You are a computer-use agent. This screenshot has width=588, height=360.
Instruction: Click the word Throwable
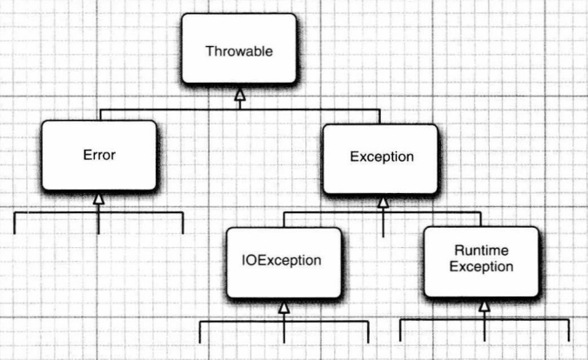pos(239,51)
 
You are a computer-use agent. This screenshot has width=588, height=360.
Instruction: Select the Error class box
pos(99,156)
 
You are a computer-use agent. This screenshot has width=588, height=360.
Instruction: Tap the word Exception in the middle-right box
pos(382,157)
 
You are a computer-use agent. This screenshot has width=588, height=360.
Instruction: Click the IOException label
pos(281,260)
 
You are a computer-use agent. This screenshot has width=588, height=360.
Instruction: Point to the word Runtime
pos(482,250)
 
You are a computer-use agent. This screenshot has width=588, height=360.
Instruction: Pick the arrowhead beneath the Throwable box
pos(240,94)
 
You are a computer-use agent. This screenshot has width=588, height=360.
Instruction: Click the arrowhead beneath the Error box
pos(98,198)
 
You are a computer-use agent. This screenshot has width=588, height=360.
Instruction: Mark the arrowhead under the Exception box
pos(383,202)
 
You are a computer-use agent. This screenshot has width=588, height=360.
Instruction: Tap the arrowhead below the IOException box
pos(284,308)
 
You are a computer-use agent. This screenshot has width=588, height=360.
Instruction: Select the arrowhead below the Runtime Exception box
pos(484,306)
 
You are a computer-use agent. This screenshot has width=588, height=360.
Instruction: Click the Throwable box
pos(239,49)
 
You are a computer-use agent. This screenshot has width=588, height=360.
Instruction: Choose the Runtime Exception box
pos(481,262)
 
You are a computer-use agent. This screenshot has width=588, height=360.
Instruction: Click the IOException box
pos(284,263)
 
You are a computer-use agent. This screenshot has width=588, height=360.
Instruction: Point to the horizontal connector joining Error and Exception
pos(240,110)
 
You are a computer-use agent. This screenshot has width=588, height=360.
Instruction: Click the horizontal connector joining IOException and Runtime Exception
pos(382,213)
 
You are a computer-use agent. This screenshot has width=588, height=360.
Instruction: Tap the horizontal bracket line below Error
pos(98,213)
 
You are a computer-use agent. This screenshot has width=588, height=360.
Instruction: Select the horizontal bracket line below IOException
pos(284,322)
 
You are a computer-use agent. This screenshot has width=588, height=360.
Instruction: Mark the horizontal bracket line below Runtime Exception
pos(484,320)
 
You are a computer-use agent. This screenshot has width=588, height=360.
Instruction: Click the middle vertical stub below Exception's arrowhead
pos(383,223)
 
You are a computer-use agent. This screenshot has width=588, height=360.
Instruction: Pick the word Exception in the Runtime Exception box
pos(482,267)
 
